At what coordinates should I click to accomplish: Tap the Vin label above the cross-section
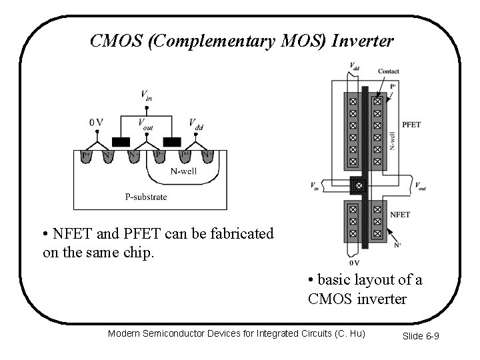tap(146, 96)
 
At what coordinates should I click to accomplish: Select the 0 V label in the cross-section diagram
tap(96, 122)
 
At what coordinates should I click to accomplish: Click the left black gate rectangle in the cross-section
tap(121, 142)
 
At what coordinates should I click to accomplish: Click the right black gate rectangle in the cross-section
tap(173, 142)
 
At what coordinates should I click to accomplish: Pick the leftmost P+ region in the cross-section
tap(87, 156)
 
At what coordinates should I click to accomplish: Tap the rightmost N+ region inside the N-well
tap(207, 156)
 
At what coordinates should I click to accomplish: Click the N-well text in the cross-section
tap(184, 171)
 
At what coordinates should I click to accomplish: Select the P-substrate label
tap(146, 197)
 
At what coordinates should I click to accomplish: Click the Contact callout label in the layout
tap(389, 71)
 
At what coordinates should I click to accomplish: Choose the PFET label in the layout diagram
tap(411, 125)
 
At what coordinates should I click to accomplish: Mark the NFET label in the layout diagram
tap(400, 215)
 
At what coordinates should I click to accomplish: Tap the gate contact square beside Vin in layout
tap(359, 185)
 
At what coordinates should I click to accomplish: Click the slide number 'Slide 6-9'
tap(420, 335)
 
